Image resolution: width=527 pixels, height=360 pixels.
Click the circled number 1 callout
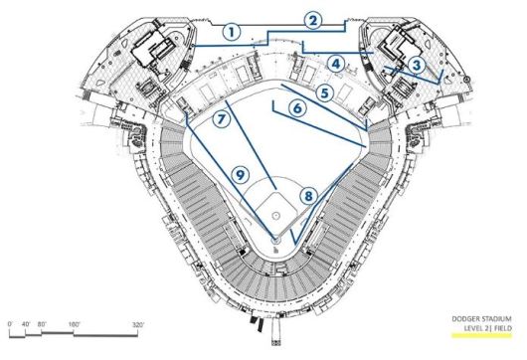[232, 31]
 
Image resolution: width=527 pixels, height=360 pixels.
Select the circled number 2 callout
[313, 19]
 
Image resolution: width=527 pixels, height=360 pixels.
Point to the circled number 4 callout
[337, 64]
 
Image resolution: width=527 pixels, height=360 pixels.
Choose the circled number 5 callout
[324, 91]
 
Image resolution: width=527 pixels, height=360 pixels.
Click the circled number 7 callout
[222, 117]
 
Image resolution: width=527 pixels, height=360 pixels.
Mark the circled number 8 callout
[310, 196]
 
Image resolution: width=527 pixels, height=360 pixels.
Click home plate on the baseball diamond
[276, 237]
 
